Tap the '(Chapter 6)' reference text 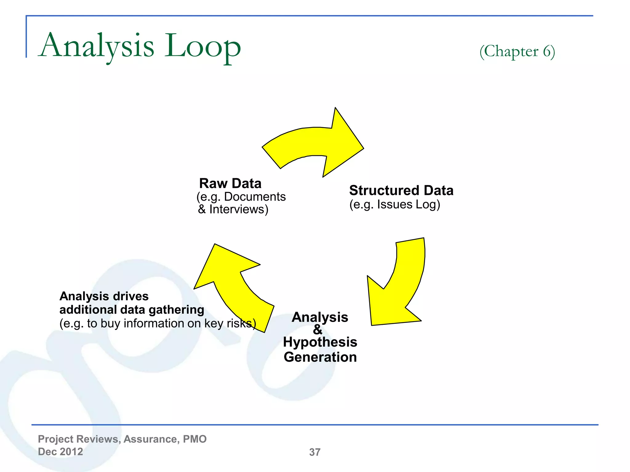click(x=517, y=51)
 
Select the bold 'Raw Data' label click(x=230, y=183)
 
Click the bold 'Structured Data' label click(x=401, y=191)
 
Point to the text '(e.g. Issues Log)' click(x=395, y=205)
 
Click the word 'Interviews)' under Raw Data click(x=239, y=210)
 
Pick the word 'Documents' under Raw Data click(x=255, y=197)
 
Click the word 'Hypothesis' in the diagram click(x=320, y=342)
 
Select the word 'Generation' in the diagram click(x=320, y=357)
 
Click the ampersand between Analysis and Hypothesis click(x=318, y=330)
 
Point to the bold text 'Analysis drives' click(x=104, y=296)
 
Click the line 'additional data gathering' click(x=132, y=310)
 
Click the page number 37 click(x=315, y=452)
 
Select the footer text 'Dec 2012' click(x=60, y=452)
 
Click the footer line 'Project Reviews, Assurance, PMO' click(x=122, y=439)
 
